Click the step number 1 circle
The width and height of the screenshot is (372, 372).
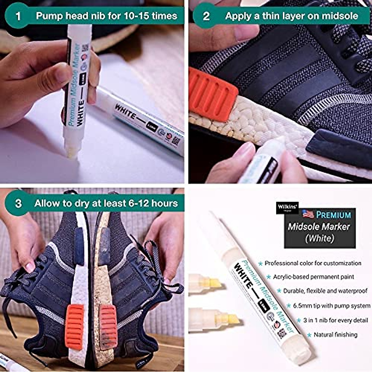click(x=18, y=15)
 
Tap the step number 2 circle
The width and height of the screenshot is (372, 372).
click(x=206, y=15)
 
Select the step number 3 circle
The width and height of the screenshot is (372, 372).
click(x=18, y=203)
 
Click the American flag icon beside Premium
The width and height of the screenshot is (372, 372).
click(x=308, y=214)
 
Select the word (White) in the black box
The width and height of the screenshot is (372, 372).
click(x=320, y=238)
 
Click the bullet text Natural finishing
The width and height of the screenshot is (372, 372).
click(x=335, y=335)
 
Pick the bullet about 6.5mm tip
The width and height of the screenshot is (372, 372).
click(x=331, y=306)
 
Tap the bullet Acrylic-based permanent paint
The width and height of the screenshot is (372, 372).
click(x=313, y=277)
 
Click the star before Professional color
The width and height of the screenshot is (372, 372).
click(x=260, y=263)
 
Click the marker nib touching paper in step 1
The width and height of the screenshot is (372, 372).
click(x=72, y=153)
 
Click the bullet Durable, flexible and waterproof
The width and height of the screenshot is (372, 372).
click(x=325, y=291)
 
